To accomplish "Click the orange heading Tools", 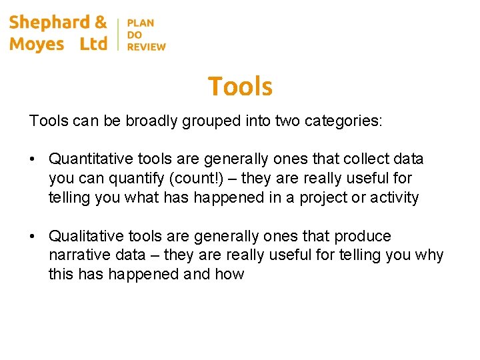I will (x=240, y=87).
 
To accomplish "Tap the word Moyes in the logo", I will (x=37, y=44).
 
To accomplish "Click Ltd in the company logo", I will (x=93, y=44).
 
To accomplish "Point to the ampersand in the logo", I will (x=101, y=22).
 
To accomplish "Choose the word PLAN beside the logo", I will (x=141, y=23).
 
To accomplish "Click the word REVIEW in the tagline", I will (x=146, y=47).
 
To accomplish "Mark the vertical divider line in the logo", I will (x=118, y=34).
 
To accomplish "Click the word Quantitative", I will (x=89, y=159).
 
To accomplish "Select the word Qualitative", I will (x=84, y=237).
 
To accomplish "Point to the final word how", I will (x=230, y=275).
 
